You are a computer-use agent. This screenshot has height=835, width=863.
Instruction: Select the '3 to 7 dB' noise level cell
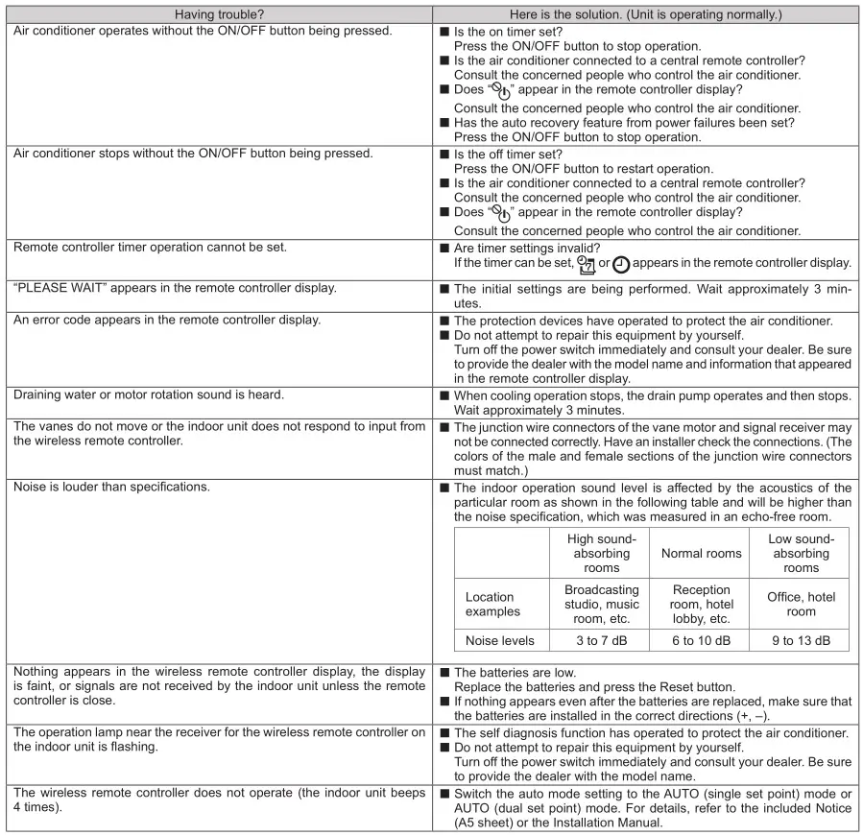(x=602, y=639)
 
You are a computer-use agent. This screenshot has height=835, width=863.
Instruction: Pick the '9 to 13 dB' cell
(x=801, y=639)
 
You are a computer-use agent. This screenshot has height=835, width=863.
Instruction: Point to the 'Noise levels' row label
(x=503, y=639)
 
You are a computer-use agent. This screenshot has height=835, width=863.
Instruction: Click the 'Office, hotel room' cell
(x=801, y=604)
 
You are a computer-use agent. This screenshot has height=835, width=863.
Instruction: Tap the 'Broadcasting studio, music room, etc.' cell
(x=602, y=604)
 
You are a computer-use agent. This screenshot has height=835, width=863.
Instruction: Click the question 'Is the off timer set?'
(x=507, y=154)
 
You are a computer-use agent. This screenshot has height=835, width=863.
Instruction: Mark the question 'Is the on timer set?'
(x=507, y=32)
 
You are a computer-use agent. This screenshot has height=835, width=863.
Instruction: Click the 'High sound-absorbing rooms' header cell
(x=602, y=554)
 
